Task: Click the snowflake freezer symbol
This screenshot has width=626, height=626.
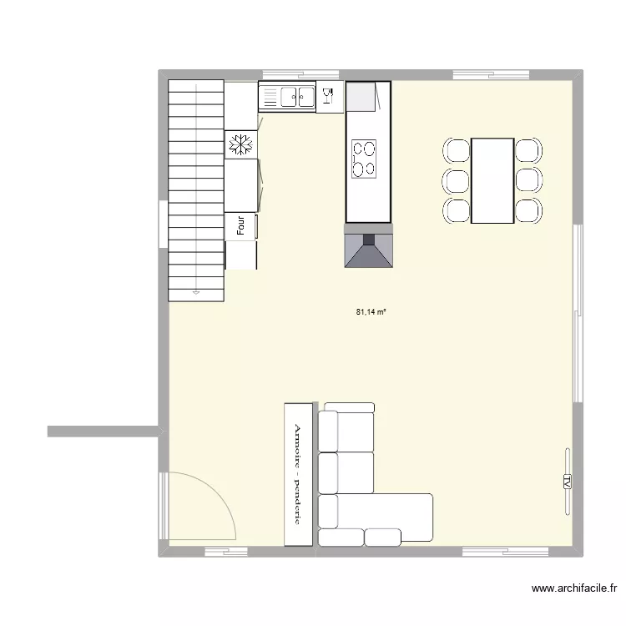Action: [x=241, y=145]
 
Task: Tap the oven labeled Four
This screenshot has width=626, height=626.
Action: [x=240, y=225]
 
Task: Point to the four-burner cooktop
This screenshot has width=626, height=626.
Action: [x=365, y=159]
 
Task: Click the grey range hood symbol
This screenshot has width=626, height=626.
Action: [x=368, y=247]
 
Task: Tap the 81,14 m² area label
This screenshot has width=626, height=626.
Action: [x=371, y=312]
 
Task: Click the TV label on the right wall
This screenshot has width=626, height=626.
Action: [x=567, y=482]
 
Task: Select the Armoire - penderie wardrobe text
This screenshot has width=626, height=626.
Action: [x=296, y=473]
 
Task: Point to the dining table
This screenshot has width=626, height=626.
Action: [x=492, y=180]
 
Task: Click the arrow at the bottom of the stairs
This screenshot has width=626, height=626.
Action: [x=196, y=292]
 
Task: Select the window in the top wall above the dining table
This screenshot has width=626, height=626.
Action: [x=479, y=75]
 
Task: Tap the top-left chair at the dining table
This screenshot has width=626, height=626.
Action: [x=457, y=151]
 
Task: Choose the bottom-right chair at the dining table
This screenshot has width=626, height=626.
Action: [x=528, y=210]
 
